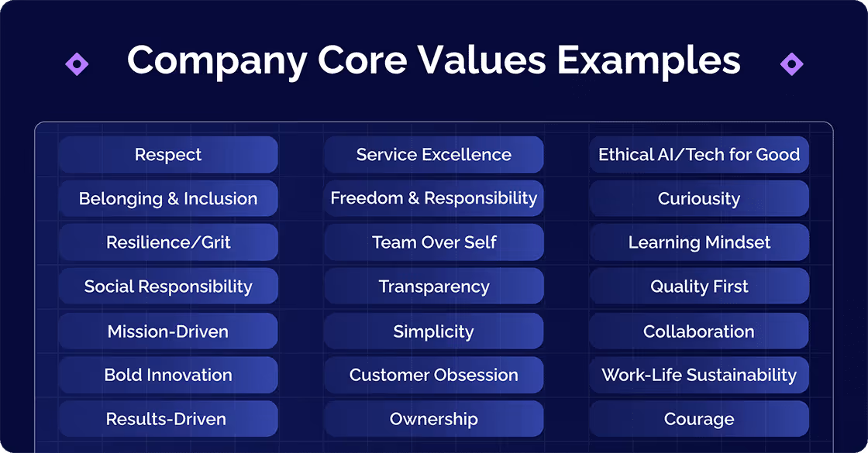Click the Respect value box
click(168, 155)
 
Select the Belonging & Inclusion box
click(168, 199)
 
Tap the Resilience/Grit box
click(168, 242)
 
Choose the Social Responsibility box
click(168, 287)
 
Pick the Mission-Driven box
click(168, 331)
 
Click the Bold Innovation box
click(168, 375)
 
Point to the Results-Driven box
click(168, 419)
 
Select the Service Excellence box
click(434, 155)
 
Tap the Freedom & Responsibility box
click(434, 198)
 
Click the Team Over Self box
click(434, 242)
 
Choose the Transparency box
click(434, 287)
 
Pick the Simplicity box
click(434, 331)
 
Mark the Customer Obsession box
click(434, 375)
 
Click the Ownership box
click(434, 419)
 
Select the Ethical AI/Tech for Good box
click(699, 155)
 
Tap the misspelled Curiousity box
click(699, 199)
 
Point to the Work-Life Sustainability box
click(699, 375)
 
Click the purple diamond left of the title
click(77, 63)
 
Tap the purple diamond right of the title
click(791, 63)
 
